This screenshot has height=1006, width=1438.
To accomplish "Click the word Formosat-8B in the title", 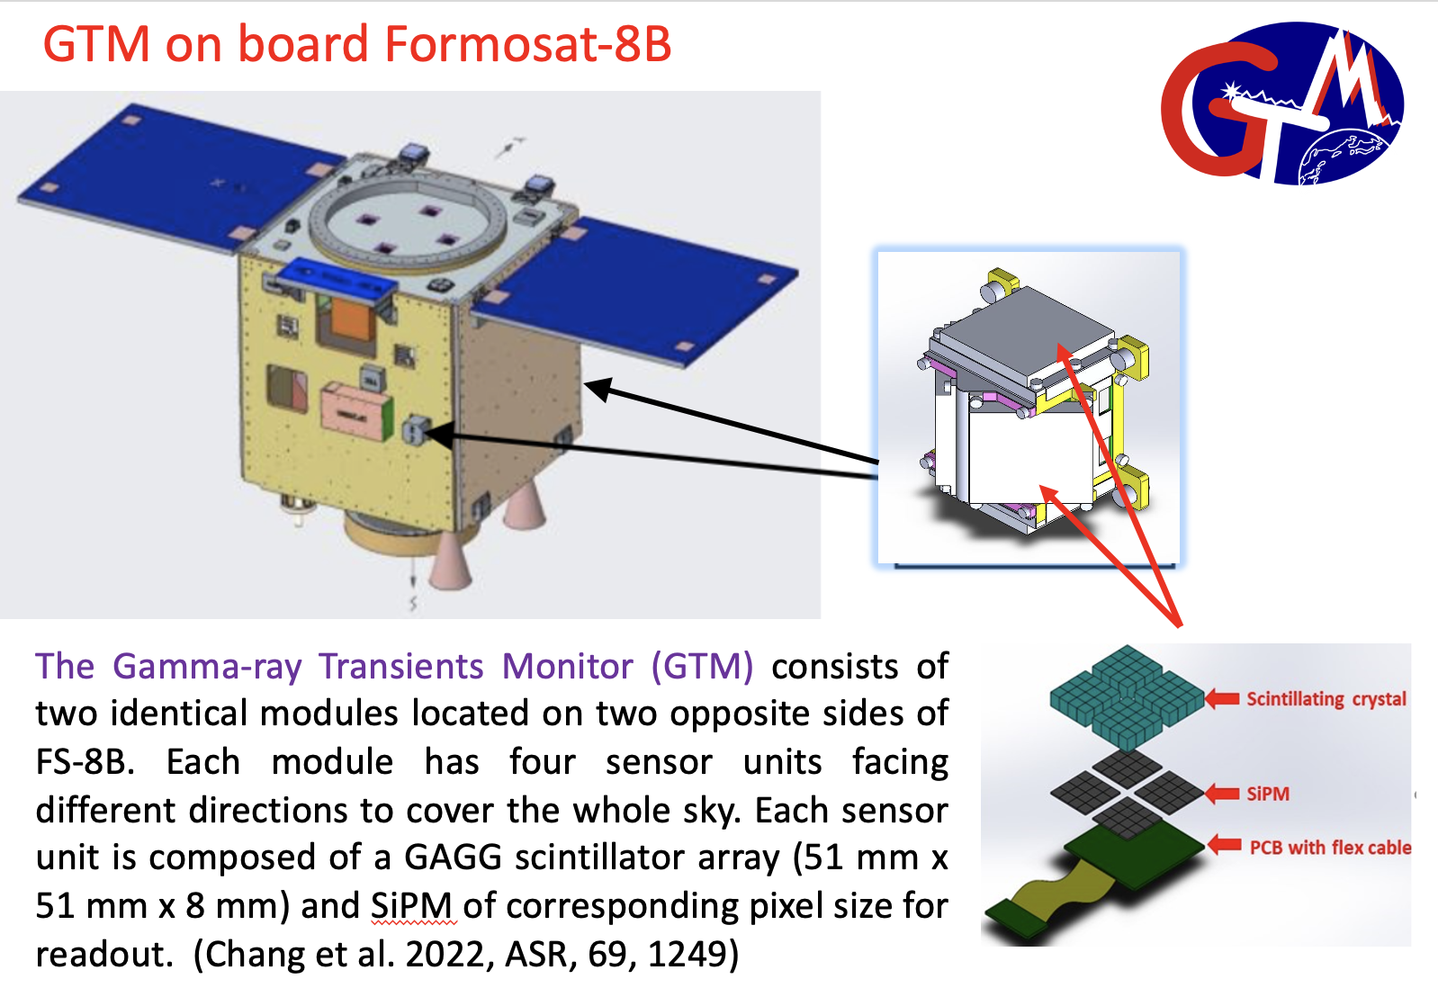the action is point(527,44).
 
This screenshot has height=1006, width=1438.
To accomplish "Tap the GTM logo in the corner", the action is point(1282,104).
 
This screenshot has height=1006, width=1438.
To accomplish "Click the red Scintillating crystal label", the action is point(1326,699).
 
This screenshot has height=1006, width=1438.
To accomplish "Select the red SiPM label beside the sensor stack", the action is point(1268,795).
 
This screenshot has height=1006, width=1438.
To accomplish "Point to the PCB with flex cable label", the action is point(1330,848).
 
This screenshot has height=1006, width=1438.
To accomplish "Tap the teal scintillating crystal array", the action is point(1128,697).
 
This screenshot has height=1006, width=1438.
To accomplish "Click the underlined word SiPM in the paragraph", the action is point(411,906).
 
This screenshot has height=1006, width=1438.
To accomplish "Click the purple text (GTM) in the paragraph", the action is point(702,666).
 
